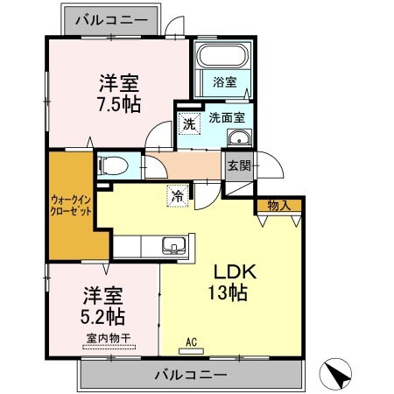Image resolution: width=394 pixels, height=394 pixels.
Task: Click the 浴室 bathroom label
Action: click(225, 82)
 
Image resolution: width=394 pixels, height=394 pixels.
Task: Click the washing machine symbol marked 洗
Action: click(189, 123)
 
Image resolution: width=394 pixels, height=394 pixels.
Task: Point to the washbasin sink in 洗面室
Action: click(238, 137)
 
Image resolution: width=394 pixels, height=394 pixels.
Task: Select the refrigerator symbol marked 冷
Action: click(178, 197)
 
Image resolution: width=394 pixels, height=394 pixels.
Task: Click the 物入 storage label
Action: click(279, 207)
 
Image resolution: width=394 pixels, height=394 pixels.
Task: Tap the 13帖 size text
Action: click(227, 292)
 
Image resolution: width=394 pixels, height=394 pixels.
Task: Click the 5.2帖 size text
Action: click(103, 316)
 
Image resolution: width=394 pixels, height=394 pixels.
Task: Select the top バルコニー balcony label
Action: click(110, 18)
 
